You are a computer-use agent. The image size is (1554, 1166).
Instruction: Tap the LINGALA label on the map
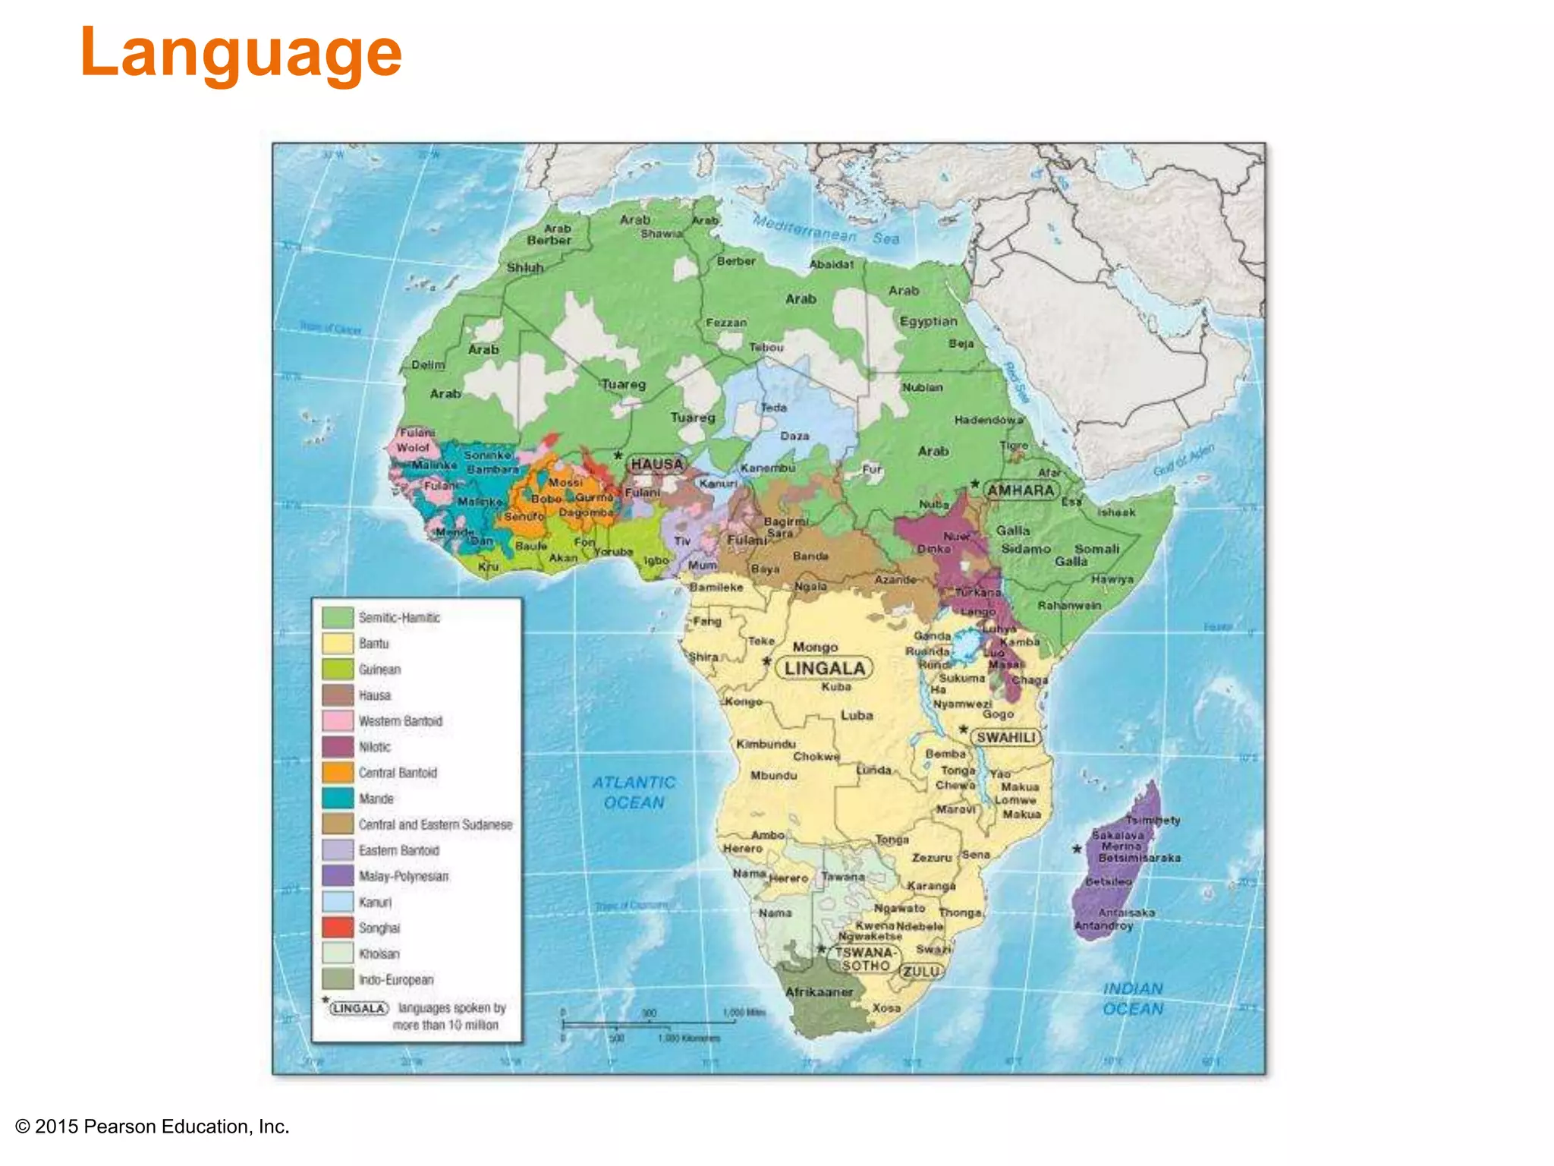[824, 668]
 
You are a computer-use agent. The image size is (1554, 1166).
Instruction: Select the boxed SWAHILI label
[1005, 737]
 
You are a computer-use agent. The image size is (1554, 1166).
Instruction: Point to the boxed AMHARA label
[1021, 490]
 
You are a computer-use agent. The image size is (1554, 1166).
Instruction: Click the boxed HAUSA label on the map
[657, 464]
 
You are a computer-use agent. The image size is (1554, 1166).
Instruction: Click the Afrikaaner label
[819, 992]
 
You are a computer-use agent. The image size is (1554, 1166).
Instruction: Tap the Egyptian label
[928, 321]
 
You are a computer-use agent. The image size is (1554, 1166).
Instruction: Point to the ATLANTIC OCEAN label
[634, 793]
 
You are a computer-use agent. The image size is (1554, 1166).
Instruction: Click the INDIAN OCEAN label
[1132, 998]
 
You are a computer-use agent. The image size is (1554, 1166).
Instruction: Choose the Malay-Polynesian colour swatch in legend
[338, 876]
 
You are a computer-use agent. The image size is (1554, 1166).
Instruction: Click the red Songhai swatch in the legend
[338, 928]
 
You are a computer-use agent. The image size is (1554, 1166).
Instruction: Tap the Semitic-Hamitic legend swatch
[338, 617]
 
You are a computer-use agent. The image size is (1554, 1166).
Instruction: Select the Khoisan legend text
[379, 954]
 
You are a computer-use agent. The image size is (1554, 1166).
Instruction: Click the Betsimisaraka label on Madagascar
[1139, 858]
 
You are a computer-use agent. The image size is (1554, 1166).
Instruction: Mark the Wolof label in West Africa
[413, 448]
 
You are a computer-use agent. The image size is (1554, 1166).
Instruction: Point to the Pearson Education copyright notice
[153, 1127]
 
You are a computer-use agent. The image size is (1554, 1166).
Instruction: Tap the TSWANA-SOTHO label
[866, 959]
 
